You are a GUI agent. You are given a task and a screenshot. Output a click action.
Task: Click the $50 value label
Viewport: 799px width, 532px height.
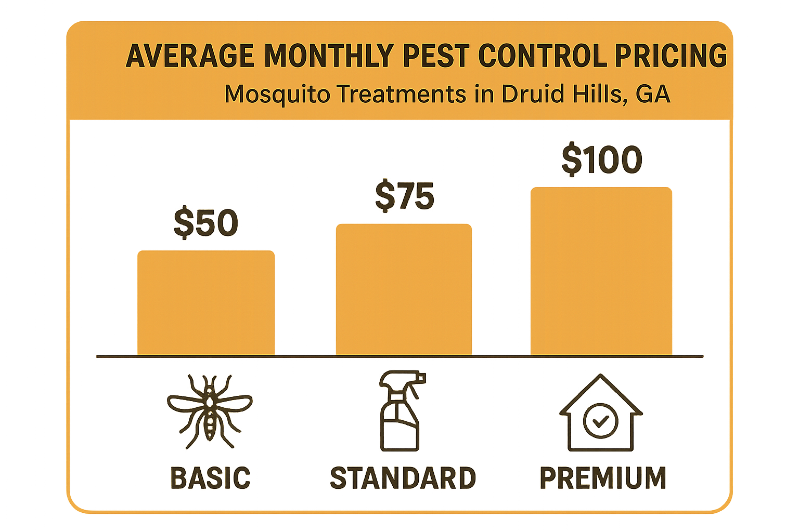[x=206, y=223]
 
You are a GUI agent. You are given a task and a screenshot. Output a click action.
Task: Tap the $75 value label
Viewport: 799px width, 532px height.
[x=405, y=196]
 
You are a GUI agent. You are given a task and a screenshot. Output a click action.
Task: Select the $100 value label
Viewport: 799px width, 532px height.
[x=602, y=159]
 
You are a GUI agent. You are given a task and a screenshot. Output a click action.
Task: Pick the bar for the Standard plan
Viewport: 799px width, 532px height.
[x=404, y=289]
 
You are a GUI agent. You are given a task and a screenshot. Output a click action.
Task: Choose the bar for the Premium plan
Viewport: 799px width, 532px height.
[x=601, y=271]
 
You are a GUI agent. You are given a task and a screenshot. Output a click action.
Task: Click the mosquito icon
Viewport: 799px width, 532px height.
[x=210, y=410]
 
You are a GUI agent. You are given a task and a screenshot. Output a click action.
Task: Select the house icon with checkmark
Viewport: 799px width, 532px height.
[x=601, y=413]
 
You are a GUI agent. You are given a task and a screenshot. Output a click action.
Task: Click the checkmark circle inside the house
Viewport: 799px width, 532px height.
[x=601, y=421]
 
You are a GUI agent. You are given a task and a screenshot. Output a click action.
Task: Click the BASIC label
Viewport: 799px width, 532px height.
[x=210, y=478]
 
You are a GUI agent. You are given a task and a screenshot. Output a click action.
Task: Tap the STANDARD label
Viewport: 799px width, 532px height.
[x=403, y=478]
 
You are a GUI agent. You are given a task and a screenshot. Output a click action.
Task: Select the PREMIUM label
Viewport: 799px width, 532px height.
[x=603, y=478]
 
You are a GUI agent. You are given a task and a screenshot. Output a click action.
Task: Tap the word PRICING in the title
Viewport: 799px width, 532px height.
[x=671, y=56]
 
